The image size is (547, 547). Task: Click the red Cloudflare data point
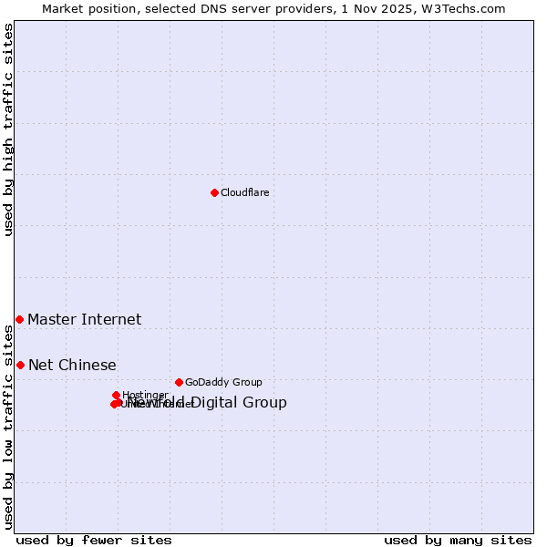[214, 192]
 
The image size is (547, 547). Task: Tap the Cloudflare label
[244, 192]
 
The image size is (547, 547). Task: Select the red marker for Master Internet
[19, 319]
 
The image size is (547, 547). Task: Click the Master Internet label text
[84, 319]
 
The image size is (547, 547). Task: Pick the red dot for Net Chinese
[20, 365]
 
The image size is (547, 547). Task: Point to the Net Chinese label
[72, 365]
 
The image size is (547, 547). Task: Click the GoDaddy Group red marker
[179, 382]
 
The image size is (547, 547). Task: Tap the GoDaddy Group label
[222, 382]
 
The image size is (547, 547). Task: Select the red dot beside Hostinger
[116, 395]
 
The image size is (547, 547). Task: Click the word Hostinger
[145, 395]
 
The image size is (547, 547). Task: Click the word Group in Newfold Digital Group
[265, 402]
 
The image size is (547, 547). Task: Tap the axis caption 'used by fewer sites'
[94, 540]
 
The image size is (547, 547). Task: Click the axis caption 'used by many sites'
[457, 540]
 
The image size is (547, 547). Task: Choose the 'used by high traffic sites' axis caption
[9, 129]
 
